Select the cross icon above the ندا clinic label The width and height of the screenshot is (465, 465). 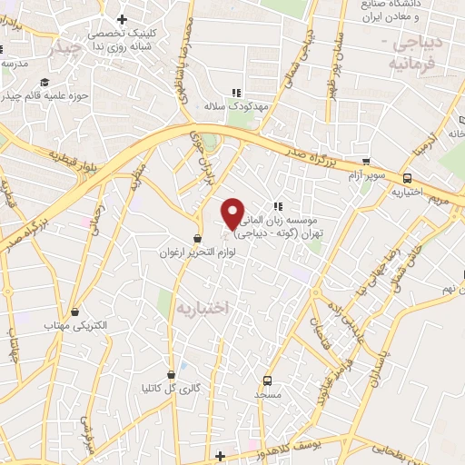[x=122, y=19]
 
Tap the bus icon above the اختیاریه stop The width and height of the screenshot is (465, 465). [x=408, y=179]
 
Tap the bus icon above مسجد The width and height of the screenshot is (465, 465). [x=267, y=381]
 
